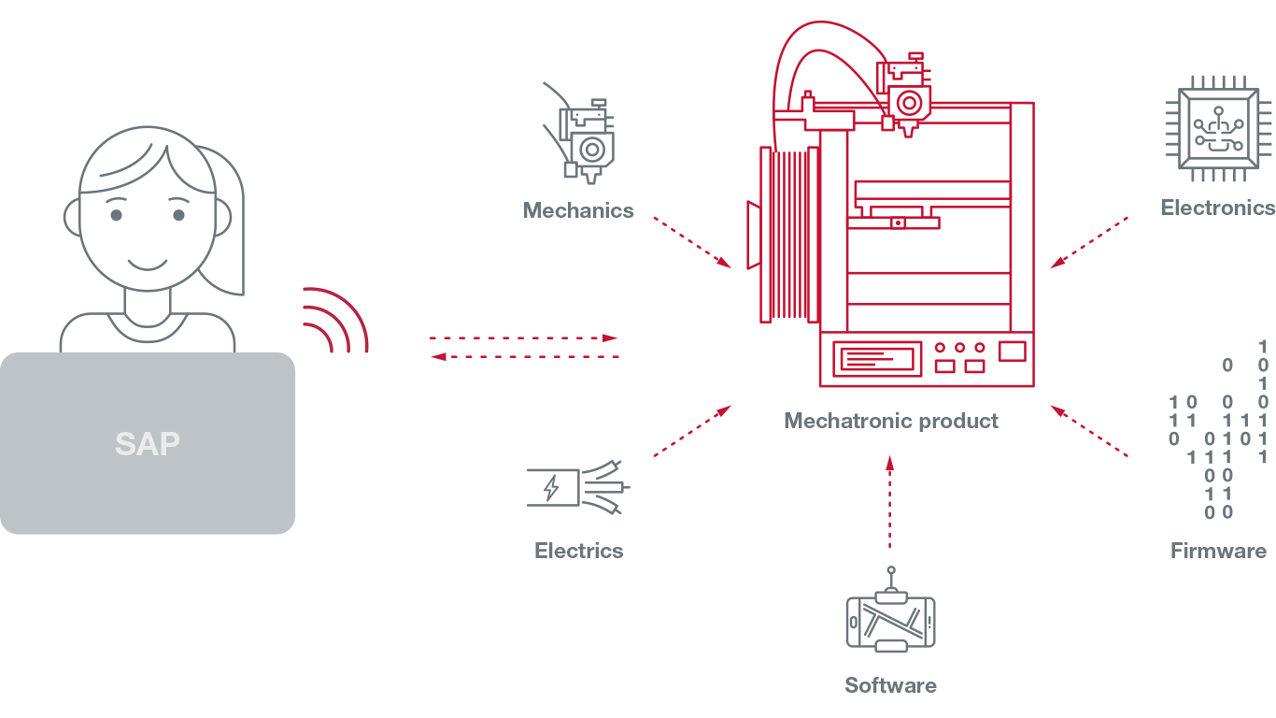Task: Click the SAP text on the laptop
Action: coord(147,444)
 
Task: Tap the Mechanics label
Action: coord(578,210)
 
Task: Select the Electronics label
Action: coord(1218,208)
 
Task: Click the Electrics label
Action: coord(579,551)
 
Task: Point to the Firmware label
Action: coord(1218,551)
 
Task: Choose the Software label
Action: coord(890,685)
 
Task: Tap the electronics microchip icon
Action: coord(1218,128)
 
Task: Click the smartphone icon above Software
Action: coord(891,610)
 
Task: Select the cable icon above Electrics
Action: coord(578,488)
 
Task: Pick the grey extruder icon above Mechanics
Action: coord(579,133)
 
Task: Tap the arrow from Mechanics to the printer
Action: coord(692,242)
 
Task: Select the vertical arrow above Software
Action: coord(890,502)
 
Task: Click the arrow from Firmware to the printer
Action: coord(1089,431)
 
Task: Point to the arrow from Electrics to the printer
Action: coord(692,431)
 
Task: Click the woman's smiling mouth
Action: coord(148,265)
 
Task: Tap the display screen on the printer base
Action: coord(877,359)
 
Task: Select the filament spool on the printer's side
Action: coord(789,235)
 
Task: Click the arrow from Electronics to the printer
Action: coord(1089,242)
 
